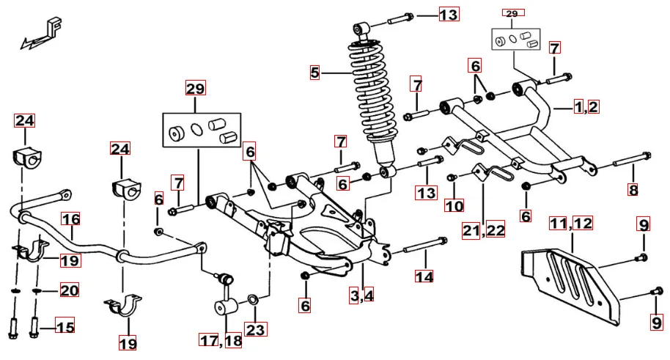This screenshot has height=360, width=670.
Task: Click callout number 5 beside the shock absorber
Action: click(315, 72)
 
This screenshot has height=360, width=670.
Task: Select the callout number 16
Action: click(70, 219)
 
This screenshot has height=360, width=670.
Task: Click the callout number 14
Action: click(424, 276)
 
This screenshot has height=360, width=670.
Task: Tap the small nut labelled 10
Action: click(452, 177)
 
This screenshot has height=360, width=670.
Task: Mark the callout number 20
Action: click(68, 291)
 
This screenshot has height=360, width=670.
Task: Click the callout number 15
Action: click(65, 327)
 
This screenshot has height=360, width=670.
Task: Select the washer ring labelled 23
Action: click(252, 299)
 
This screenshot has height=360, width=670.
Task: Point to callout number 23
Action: click(254, 329)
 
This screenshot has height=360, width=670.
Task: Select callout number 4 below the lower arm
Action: click(369, 295)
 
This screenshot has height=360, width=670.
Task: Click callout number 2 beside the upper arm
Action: click(592, 107)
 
